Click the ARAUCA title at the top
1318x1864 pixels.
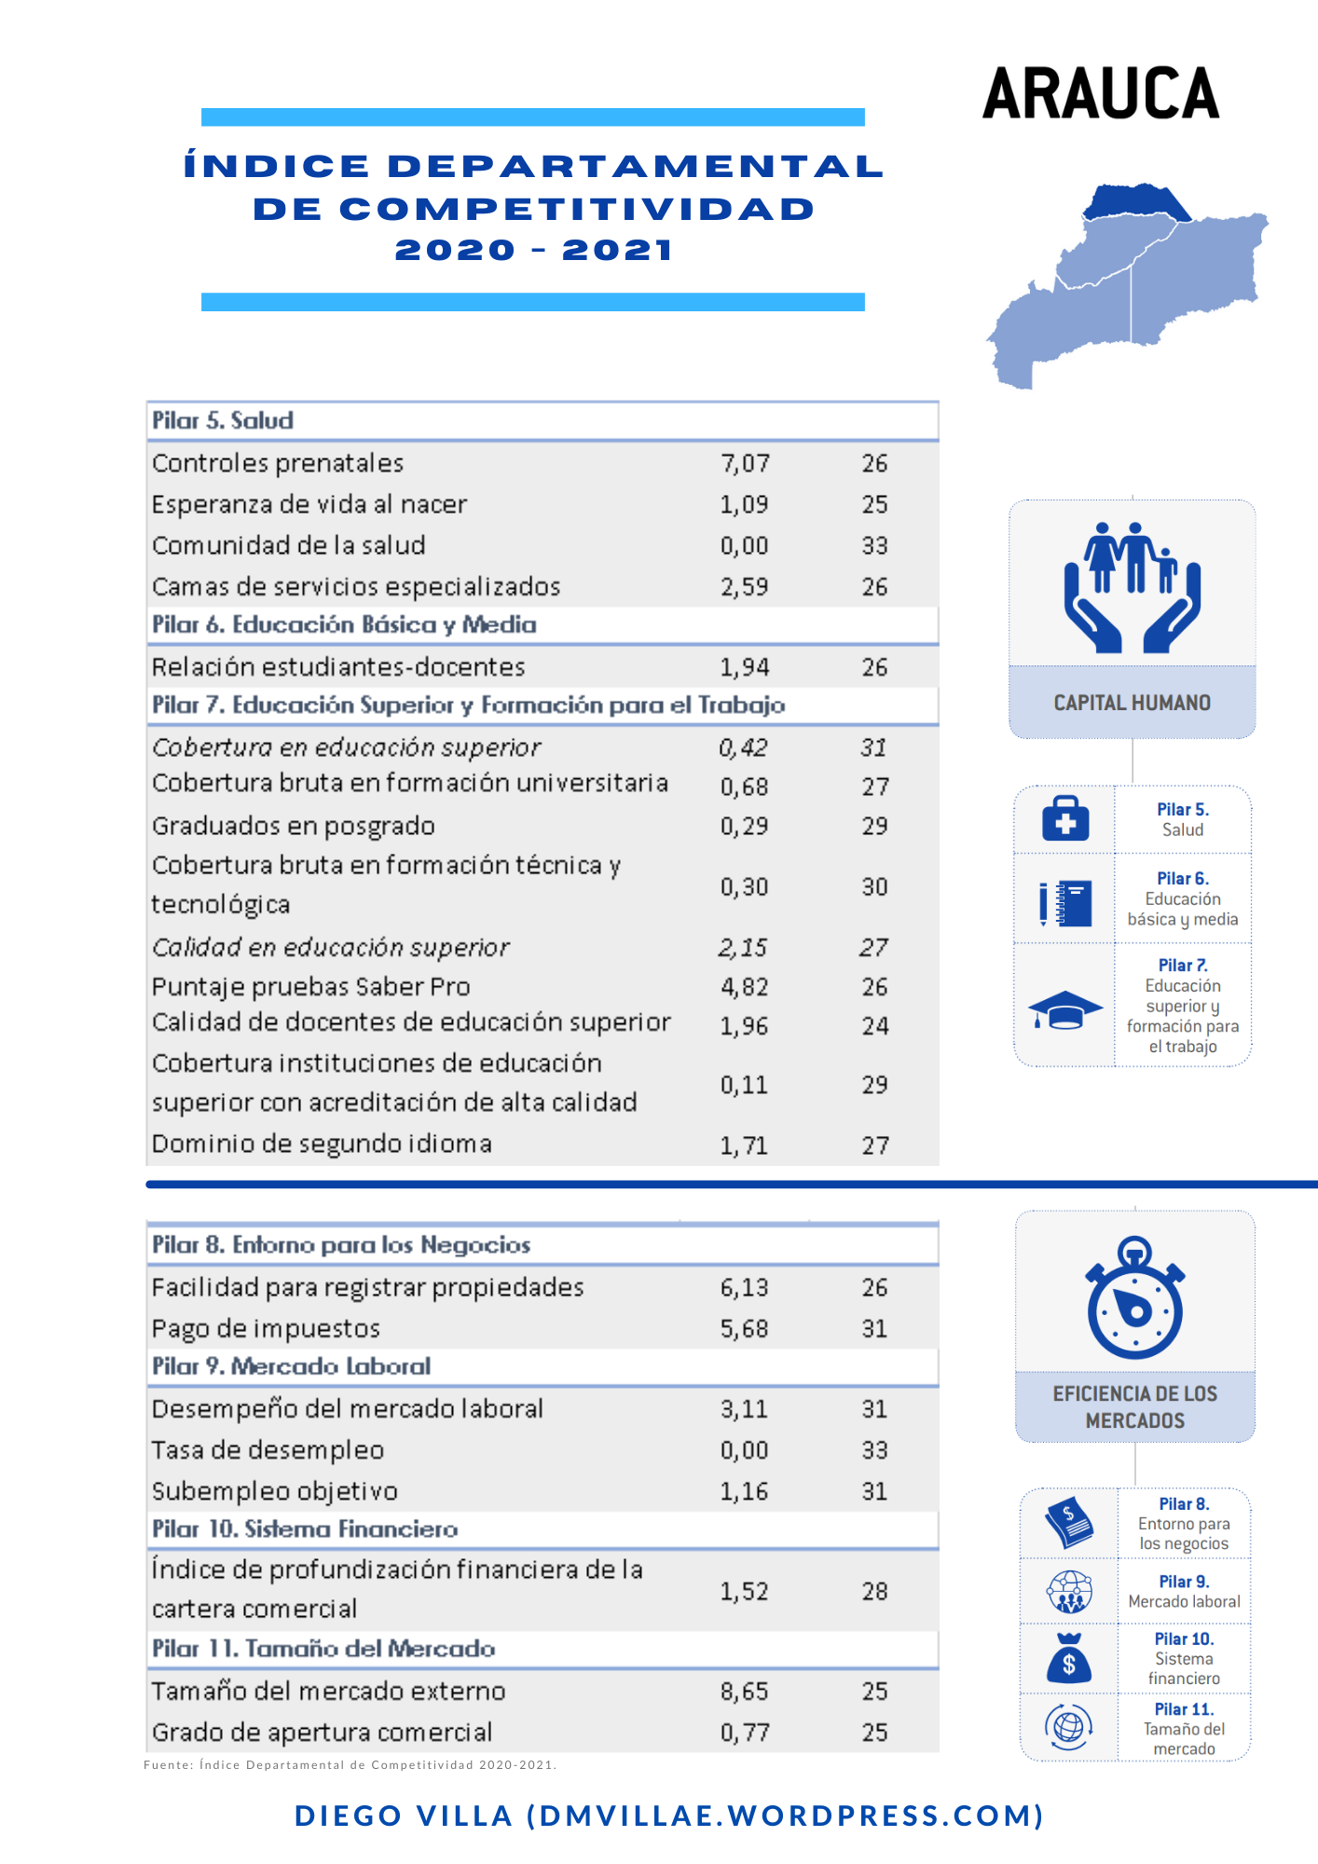pyautogui.click(x=1101, y=93)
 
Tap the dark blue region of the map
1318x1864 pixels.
pyautogui.click(x=1137, y=200)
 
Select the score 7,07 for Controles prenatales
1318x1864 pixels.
pyautogui.click(x=744, y=463)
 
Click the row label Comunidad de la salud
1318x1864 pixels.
pyautogui.click(x=289, y=545)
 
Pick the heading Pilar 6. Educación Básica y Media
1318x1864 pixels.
pyautogui.click(x=344, y=624)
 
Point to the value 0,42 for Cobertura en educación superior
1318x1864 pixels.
pyautogui.click(x=743, y=747)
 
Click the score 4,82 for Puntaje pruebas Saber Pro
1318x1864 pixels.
pyautogui.click(x=744, y=986)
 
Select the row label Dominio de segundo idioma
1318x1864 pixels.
pyautogui.click(x=322, y=1144)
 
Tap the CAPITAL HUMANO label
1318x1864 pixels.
pyautogui.click(x=1132, y=703)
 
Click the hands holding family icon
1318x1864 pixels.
pyautogui.click(x=1133, y=587)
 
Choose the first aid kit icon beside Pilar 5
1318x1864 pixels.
pyautogui.click(x=1065, y=819)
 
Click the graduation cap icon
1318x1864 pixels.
pyautogui.click(x=1064, y=1010)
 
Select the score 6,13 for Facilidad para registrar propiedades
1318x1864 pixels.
pyautogui.click(x=744, y=1287)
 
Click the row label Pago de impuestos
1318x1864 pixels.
pyautogui.click(x=266, y=1328)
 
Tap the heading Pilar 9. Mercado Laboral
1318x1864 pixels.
pyautogui.click(x=292, y=1366)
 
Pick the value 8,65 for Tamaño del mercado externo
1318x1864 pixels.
pyautogui.click(x=744, y=1691)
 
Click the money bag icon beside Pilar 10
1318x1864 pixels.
pyautogui.click(x=1069, y=1659)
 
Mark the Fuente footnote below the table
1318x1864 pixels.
pyautogui.click(x=350, y=1764)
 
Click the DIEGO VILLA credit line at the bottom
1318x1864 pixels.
pyautogui.click(x=669, y=1816)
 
